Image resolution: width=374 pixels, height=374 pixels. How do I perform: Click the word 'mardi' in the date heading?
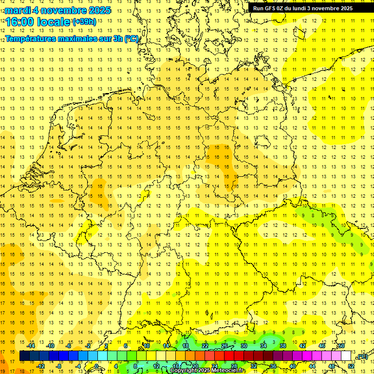[x=17, y=10]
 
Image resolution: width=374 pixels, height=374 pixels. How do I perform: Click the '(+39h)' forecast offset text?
[x=84, y=22]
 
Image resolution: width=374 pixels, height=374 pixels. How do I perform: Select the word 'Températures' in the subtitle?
[x=31, y=38]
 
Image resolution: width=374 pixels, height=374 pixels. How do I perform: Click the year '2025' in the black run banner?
[x=344, y=8]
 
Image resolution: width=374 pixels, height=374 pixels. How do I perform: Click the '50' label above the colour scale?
[x=341, y=346]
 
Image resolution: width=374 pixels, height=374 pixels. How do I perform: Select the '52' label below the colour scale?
[x=351, y=366]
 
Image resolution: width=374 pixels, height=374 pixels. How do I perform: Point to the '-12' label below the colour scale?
[x=40, y=366]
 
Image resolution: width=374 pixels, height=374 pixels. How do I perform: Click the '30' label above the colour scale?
[x=244, y=346]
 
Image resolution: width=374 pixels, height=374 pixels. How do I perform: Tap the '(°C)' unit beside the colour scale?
[x=362, y=356]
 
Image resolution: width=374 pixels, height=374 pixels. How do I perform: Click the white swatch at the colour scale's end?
[x=346, y=356]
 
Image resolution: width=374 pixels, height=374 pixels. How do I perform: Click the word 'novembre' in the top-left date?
[x=62, y=10]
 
